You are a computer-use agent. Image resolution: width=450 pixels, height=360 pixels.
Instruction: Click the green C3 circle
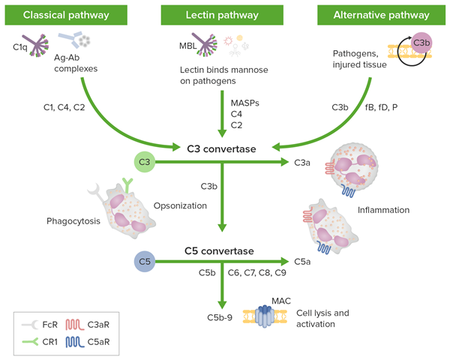pos(145,160)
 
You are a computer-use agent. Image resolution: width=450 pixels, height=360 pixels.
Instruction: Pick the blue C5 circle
pos(145,261)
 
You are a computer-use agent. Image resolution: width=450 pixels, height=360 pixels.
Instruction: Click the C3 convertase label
pos(222,149)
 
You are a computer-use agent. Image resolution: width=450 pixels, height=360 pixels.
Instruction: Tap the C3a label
pos(298,161)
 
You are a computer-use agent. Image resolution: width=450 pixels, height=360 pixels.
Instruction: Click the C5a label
pos(298,262)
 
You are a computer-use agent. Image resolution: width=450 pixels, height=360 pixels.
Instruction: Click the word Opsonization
pos(179,205)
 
